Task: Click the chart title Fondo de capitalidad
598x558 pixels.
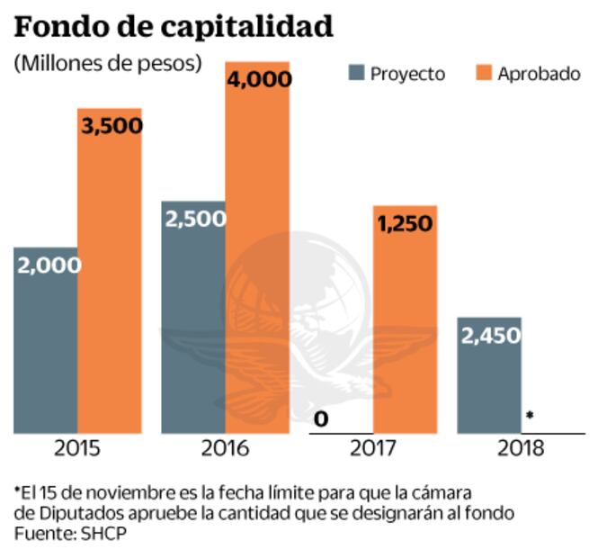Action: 174,26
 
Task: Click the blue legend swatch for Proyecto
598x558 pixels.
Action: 356,73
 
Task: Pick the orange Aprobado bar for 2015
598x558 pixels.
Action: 109,288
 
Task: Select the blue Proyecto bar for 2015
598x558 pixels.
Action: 45,351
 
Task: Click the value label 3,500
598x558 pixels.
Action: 112,125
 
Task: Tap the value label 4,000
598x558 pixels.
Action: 259,78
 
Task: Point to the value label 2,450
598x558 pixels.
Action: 490,335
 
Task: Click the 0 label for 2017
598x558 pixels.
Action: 321,418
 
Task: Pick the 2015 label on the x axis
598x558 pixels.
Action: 77,447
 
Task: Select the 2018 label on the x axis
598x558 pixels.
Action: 521,447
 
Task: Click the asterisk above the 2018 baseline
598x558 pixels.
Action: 530,416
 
